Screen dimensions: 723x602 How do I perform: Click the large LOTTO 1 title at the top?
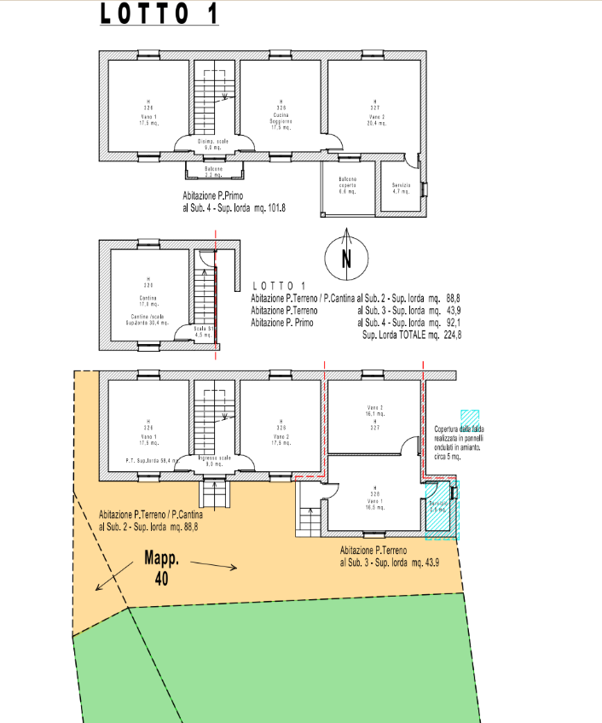click(159, 15)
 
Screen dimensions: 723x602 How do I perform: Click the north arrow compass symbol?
click(346, 255)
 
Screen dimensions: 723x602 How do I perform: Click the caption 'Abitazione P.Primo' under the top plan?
click(219, 196)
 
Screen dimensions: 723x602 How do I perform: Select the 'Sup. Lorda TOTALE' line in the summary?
click(412, 335)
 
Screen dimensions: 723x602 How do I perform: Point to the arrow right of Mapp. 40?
click(212, 564)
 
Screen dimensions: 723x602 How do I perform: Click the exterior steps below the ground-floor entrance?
click(212, 493)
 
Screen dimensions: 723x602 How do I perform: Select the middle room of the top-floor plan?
click(281, 107)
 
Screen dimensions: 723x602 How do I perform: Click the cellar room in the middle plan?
click(148, 294)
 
